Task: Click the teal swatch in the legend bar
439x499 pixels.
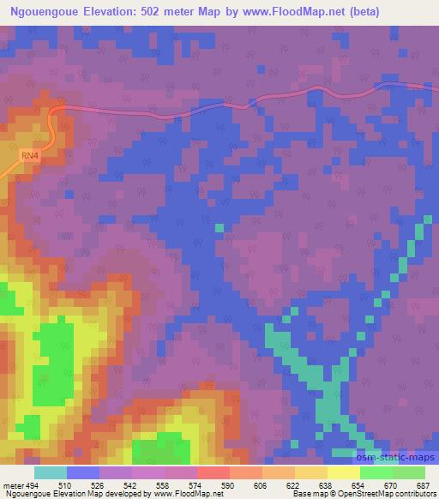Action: pos(51,472)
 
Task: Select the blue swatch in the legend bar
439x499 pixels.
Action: pos(83,472)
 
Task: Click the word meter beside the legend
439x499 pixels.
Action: pos(13,485)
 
